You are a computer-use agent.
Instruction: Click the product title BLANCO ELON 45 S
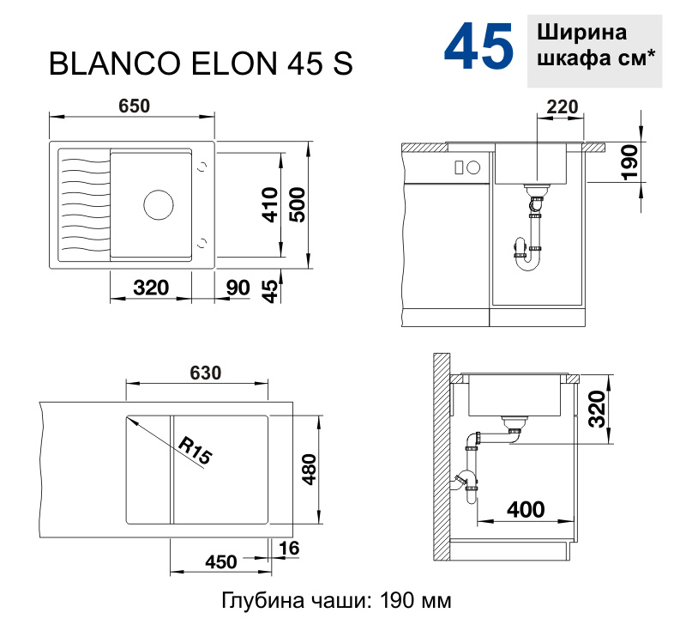pyautogui.click(x=202, y=66)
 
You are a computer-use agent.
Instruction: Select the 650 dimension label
pyautogui.click(x=134, y=106)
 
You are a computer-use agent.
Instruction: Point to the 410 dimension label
pyautogui.click(x=269, y=204)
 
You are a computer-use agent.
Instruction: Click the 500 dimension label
pyautogui.click(x=297, y=204)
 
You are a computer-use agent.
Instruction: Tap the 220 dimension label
pyautogui.click(x=562, y=106)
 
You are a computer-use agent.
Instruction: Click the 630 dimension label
pyautogui.click(x=205, y=373)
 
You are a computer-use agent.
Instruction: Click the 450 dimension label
pyautogui.click(x=220, y=562)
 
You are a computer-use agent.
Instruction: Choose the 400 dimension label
pyautogui.click(x=525, y=510)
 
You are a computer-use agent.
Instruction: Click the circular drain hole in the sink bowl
pyautogui.click(x=158, y=204)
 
